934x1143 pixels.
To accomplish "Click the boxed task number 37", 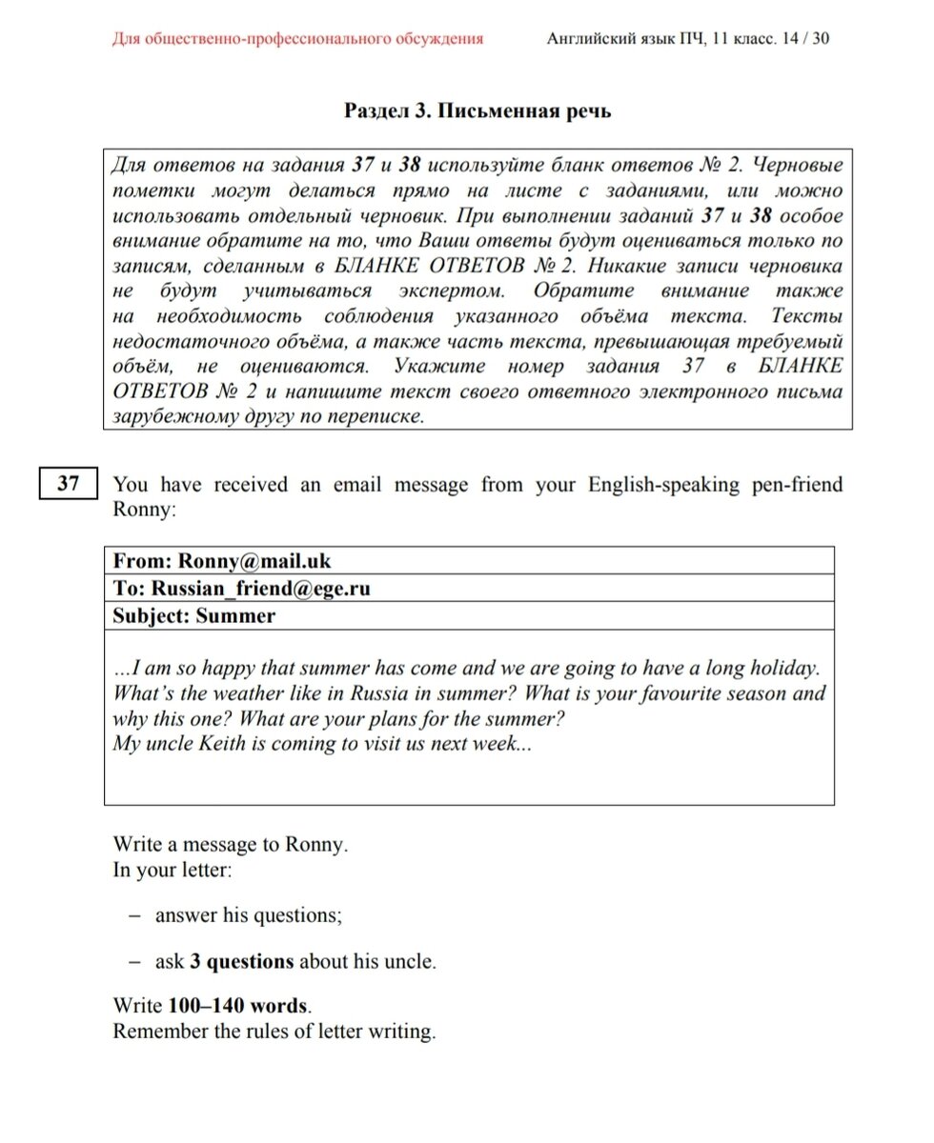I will (x=69, y=484).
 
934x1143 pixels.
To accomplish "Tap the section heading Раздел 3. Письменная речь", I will (x=477, y=111).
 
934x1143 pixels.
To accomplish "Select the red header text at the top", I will (x=297, y=39).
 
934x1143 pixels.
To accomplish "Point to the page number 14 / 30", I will (x=810, y=39).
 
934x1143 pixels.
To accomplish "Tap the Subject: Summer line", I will (x=193, y=615).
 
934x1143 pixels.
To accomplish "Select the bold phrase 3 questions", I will (x=242, y=961).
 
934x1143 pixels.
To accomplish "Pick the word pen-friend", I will (x=792, y=485).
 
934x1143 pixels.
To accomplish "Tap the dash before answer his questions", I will (x=135, y=915).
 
